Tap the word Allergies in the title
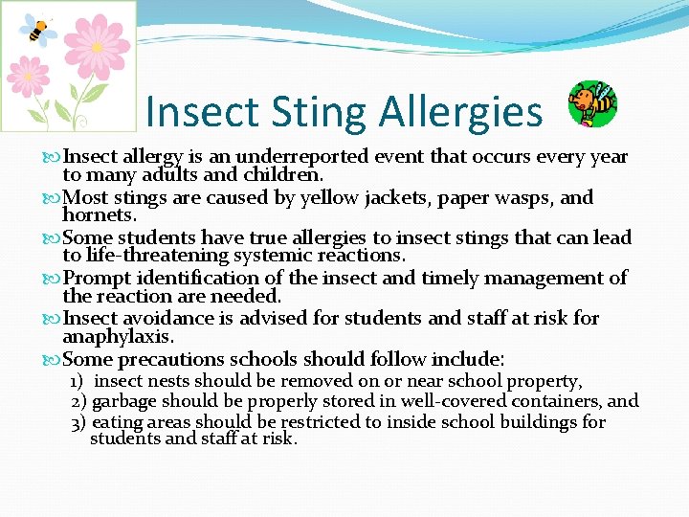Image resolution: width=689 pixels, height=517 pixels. click(x=460, y=112)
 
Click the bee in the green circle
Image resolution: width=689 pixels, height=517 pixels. click(x=592, y=103)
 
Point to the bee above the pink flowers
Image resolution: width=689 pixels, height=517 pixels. click(x=39, y=29)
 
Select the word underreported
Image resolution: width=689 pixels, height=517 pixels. click(x=305, y=157)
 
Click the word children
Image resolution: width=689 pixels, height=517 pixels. click(x=284, y=175)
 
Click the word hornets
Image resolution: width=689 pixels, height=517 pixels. click(x=97, y=216)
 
